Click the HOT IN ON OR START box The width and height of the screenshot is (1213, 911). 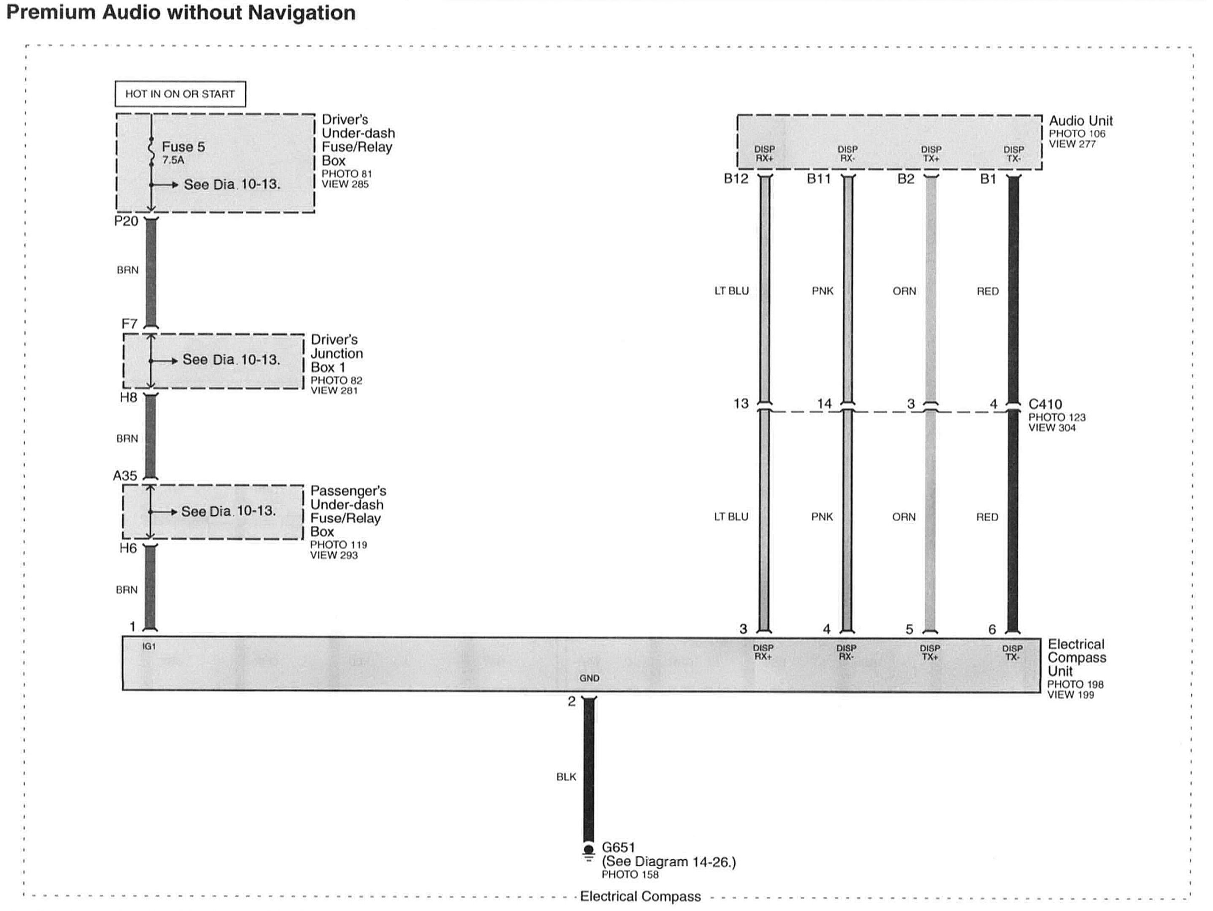click(180, 94)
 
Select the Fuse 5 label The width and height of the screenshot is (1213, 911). click(183, 147)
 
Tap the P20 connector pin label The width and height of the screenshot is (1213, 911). click(126, 221)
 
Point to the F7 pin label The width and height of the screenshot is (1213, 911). click(129, 324)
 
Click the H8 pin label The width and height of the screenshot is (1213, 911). click(128, 397)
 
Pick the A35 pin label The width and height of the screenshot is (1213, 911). click(125, 476)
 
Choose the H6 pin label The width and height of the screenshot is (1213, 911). click(128, 548)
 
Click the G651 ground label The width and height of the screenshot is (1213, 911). click(618, 847)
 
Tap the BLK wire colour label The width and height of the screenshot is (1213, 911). click(566, 777)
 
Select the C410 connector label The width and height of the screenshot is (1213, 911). click(1045, 405)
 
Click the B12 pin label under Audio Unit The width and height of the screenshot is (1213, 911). click(735, 179)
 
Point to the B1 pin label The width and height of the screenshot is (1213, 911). click(987, 179)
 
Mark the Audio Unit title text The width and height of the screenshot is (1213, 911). click(1080, 121)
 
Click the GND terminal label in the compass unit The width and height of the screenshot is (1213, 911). click(589, 678)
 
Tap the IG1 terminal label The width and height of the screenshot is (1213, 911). click(149, 647)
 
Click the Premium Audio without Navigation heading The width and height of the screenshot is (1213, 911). click(181, 12)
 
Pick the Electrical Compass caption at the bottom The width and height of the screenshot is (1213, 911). click(640, 896)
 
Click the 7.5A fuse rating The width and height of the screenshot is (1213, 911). click(173, 160)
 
